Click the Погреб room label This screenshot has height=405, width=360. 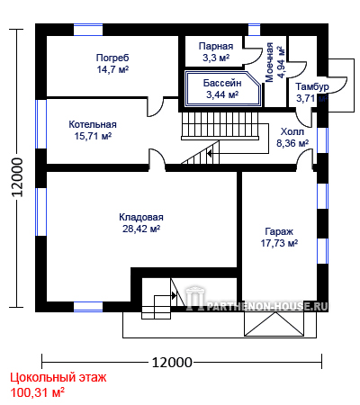click(112, 58)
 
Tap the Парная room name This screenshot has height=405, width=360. click(216, 46)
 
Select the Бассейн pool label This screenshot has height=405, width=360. click(222, 83)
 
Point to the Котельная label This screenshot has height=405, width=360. click(93, 124)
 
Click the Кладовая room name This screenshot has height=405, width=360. click(141, 217)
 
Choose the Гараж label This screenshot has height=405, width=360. click(279, 231)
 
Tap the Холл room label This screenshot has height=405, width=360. click(292, 131)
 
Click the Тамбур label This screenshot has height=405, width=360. click(312, 86)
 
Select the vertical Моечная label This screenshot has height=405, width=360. click(269, 62)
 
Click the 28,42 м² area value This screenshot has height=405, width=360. click(141, 229)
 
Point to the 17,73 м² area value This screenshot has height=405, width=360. click(279, 243)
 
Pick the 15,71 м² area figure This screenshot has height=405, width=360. click(93, 136)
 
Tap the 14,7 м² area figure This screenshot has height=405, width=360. click(112, 69)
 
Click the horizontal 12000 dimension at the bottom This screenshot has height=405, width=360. click(172, 363)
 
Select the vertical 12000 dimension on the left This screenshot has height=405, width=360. click(17, 177)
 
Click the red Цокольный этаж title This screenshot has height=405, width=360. click(58, 377)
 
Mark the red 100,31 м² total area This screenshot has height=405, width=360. click(38, 392)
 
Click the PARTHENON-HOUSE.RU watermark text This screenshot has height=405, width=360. click(267, 306)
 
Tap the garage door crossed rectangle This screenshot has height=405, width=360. click(274, 324)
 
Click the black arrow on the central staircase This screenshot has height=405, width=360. click(210, 154)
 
